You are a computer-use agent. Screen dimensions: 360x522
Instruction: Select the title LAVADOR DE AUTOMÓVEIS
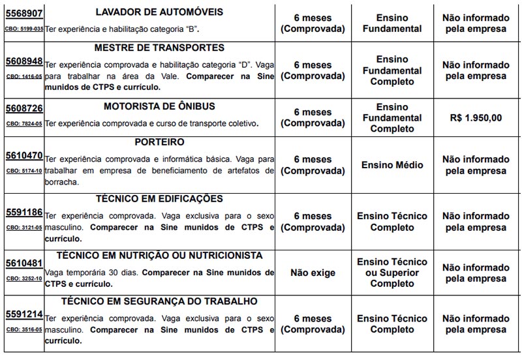point(159,12)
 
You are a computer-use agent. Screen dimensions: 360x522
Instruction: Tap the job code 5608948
point(23,61)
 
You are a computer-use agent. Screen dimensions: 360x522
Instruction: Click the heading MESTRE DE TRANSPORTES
point(159,48)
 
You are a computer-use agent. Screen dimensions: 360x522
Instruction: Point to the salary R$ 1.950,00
point(476,118)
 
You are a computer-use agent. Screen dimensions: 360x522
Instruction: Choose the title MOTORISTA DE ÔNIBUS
point(159,106)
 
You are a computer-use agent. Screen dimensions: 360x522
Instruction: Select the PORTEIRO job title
point(159,142)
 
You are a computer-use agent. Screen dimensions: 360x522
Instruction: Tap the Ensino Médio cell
point(392,165)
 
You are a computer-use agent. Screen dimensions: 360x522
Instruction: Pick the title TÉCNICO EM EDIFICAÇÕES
point(159,198)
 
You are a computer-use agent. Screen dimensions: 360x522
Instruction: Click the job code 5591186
point(23,213)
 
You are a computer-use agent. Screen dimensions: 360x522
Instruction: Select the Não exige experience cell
point(313,273)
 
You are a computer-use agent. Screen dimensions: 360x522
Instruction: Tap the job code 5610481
point(23,263)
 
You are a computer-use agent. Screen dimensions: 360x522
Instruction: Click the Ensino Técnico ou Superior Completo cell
point(392,273)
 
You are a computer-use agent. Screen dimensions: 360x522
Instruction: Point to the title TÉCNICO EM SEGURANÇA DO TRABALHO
point(159,301)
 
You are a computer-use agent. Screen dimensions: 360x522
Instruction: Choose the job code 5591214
point(23,315)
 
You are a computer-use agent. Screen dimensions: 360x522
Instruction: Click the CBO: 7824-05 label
point(23,123)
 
